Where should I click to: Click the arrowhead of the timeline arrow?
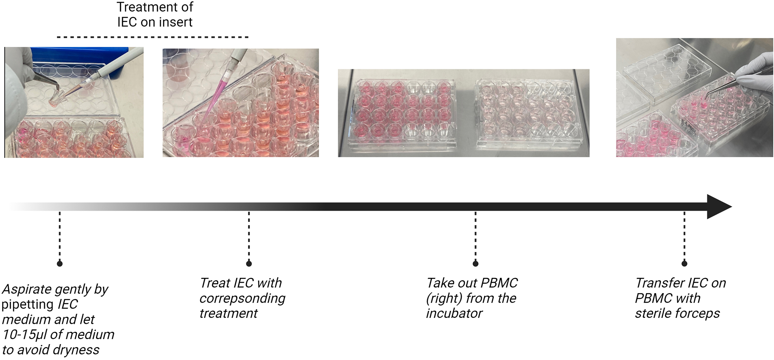pyautogui.click(x=718, y=207)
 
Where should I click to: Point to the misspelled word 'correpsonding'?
pyautogui.click(x=242, y=298)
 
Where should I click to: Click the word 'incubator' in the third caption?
pyautogui.click(x=454, y=313)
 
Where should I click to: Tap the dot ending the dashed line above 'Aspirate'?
pyautogui.click(x=60, y=263)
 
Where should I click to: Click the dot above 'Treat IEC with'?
pyautogui.click(x=249, y=263)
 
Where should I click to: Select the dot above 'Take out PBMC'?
pyautogui.click(x=476, y=263)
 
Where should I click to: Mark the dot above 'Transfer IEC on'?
pyautogui.click(x=684, y=263)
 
